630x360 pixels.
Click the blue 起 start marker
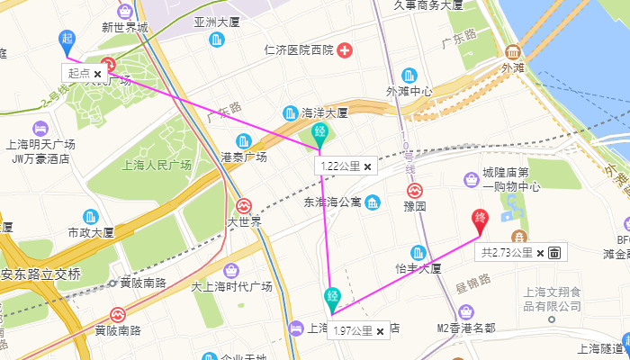pos(67,39)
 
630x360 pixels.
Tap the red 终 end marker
pos(481,219)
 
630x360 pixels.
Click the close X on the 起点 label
pos(97,73)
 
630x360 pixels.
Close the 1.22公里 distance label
pos(367,166)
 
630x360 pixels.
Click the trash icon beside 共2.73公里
pos(554,253)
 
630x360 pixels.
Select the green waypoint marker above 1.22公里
pos(319,135)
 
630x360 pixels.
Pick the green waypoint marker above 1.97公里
pos(332,298)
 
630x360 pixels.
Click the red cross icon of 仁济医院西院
pos(344,49)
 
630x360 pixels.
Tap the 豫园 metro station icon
pos(415,192)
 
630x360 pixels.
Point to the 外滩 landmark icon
pos(512,51)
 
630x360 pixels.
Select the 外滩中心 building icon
pos(409,75)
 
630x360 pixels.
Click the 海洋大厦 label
pos(324,113)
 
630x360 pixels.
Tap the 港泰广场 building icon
pos(243,141)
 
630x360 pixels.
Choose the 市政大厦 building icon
pos(91,217)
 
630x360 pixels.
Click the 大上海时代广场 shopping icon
pos(231,271)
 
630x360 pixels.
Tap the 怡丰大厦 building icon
pos(418,253)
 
